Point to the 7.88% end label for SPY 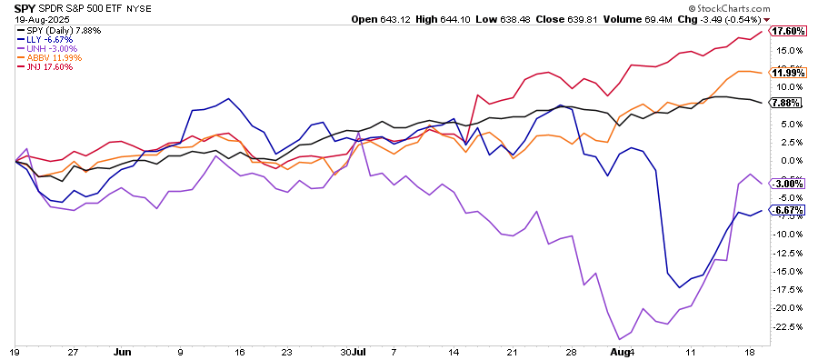[784, 103]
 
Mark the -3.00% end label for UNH [785, 184]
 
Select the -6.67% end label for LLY [785, 210]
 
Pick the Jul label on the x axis [361, 350]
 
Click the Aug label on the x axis [617, 350]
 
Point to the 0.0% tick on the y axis [789, 161]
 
